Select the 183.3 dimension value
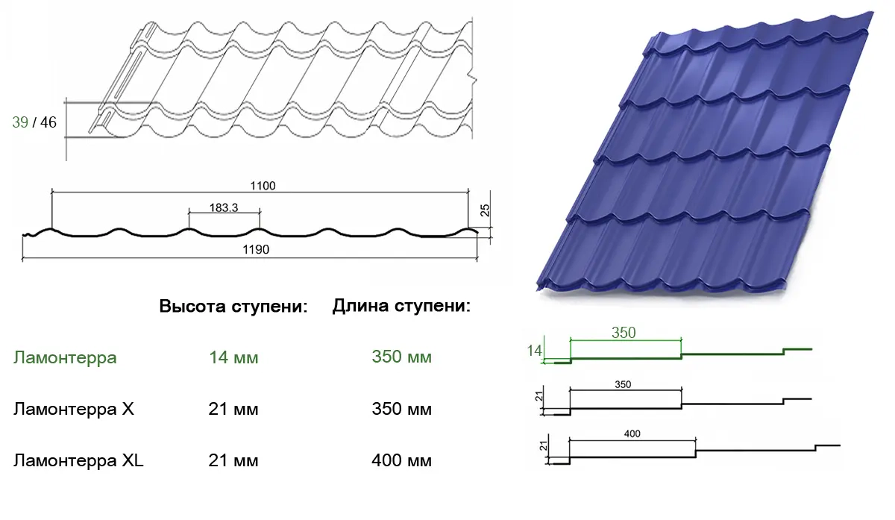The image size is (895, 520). click(x=224, y=208)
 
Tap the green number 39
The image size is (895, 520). click(x=20, y=122)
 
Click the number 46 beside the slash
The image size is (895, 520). click(x=48, y=122)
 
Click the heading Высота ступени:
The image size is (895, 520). click(x=233, y=307)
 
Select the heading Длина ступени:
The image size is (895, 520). click(x=401, y=306)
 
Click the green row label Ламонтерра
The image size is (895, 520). click(x=65, y=357)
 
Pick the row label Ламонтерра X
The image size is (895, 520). click(x=73, y=410)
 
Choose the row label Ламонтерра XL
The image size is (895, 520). click(x=78, y=460)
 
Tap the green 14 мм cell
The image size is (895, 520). click(x=233, y=358)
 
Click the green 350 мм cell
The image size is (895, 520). click(x=401, y=357)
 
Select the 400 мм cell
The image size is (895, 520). click(x=401, y=461)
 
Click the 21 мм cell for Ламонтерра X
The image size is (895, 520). click(x=233, y=410)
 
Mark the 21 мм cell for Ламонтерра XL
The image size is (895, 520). click(x=233, y=461)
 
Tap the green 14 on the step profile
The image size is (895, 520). click(x=534, y=350)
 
